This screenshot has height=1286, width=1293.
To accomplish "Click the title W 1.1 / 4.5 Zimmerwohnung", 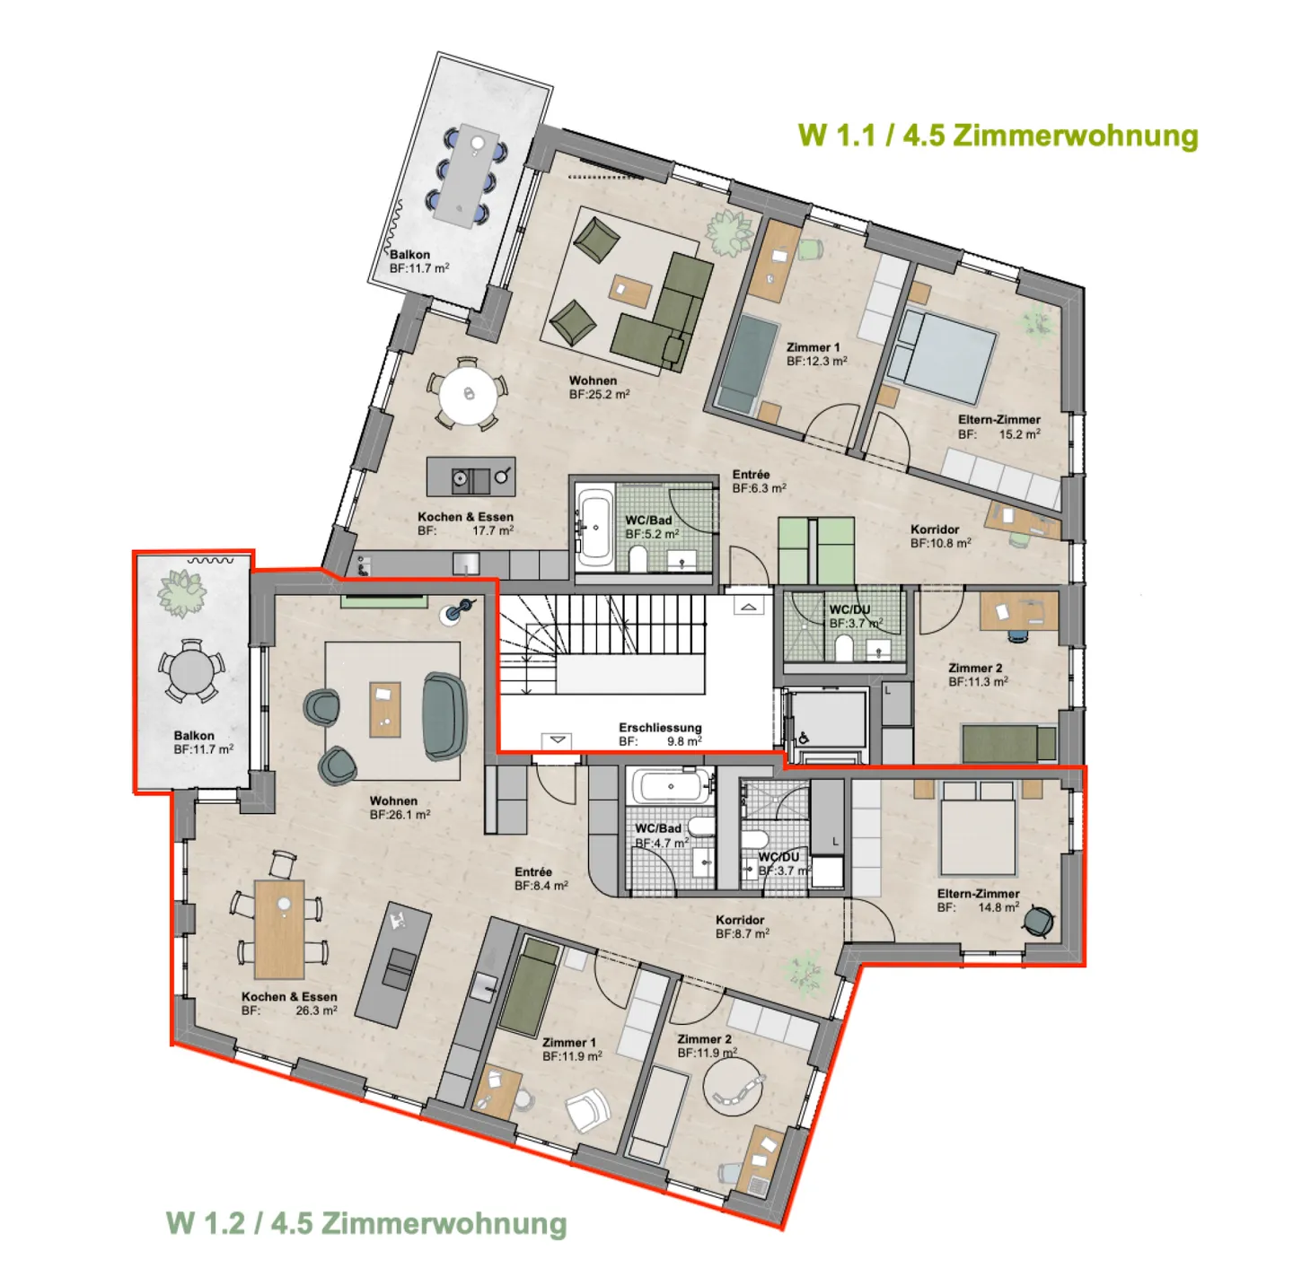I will point(998,136).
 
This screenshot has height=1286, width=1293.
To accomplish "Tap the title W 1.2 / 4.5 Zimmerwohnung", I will point(366,1223).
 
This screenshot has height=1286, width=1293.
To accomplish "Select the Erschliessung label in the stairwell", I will point(660,734).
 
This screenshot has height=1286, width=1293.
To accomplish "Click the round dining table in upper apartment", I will point(468,394).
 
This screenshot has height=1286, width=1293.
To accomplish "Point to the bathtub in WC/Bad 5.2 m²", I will point(594,528).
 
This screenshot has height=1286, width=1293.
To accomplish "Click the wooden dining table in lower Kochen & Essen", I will point(279,927).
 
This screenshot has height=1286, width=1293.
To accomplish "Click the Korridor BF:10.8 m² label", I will point(939,536).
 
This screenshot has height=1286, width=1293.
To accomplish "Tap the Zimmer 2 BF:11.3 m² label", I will point(977,675).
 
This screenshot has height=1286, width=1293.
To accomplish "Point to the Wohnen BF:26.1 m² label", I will point(399,808).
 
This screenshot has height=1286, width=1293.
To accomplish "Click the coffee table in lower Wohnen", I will point(385,709).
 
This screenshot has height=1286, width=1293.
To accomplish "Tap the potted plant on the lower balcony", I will point(181,592).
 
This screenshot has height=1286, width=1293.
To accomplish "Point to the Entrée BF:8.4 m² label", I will point(541,879).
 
